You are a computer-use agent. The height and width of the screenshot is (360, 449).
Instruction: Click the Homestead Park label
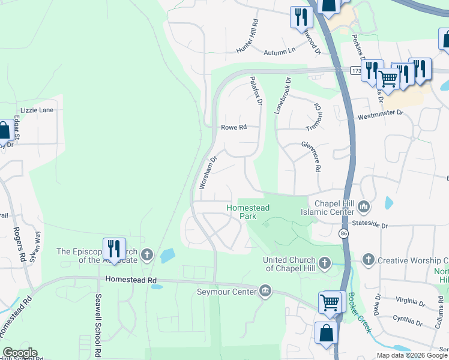tap(247, 211)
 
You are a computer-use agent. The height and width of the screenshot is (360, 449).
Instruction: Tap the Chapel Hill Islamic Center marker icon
tap(364, 208)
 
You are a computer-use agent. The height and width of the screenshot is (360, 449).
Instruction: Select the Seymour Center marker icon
tap(265, 292)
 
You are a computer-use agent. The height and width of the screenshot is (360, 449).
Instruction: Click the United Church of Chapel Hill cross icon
tap(325, 263)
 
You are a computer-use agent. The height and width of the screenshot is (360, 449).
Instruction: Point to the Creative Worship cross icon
tap(368, 260)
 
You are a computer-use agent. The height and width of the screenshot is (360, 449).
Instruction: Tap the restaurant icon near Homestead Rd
tap(113, 248)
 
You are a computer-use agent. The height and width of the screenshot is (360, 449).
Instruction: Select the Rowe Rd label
tap(234, 127)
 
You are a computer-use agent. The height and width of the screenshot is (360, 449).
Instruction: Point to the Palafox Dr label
tap(256, 91)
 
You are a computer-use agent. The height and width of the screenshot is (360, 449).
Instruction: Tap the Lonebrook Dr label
tap(283, 95)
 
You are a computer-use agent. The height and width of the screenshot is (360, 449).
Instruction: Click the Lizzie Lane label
tap(37, 110)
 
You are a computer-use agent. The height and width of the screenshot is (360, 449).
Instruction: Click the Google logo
tap(20, 353)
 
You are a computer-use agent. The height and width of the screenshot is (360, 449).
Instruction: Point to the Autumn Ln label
tap(283, 51)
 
